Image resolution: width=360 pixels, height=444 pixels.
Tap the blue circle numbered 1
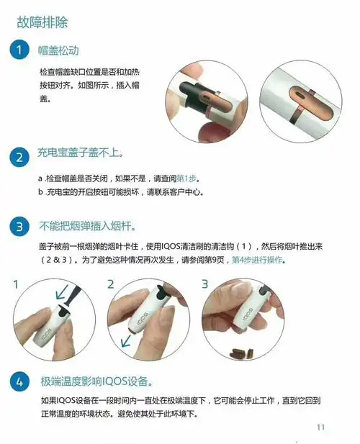pyautogui.click(x=19, y=50)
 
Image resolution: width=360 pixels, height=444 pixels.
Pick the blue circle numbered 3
pyautogui.click(x=19, y=228)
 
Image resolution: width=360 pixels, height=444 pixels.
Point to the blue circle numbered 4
pyautogui.click(x=19, y=381)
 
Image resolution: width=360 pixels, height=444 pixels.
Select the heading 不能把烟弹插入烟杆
pyautogui.click(x=87, y=227)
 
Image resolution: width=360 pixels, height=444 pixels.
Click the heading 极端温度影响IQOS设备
pyautogui.click(x=96, y=381)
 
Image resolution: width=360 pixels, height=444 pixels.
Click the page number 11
pyautogui.click(x=320, y=427)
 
